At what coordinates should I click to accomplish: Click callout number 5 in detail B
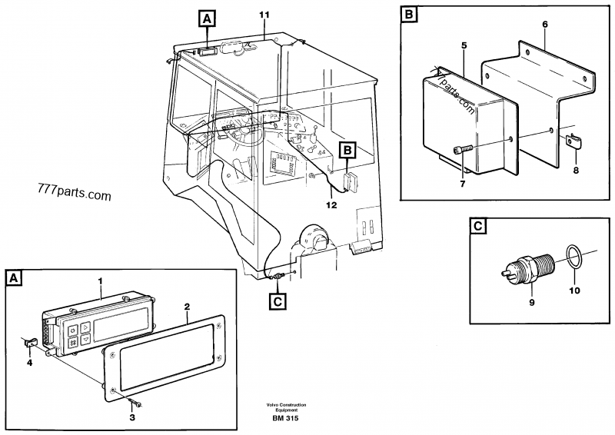464,45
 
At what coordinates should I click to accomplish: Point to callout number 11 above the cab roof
264,15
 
